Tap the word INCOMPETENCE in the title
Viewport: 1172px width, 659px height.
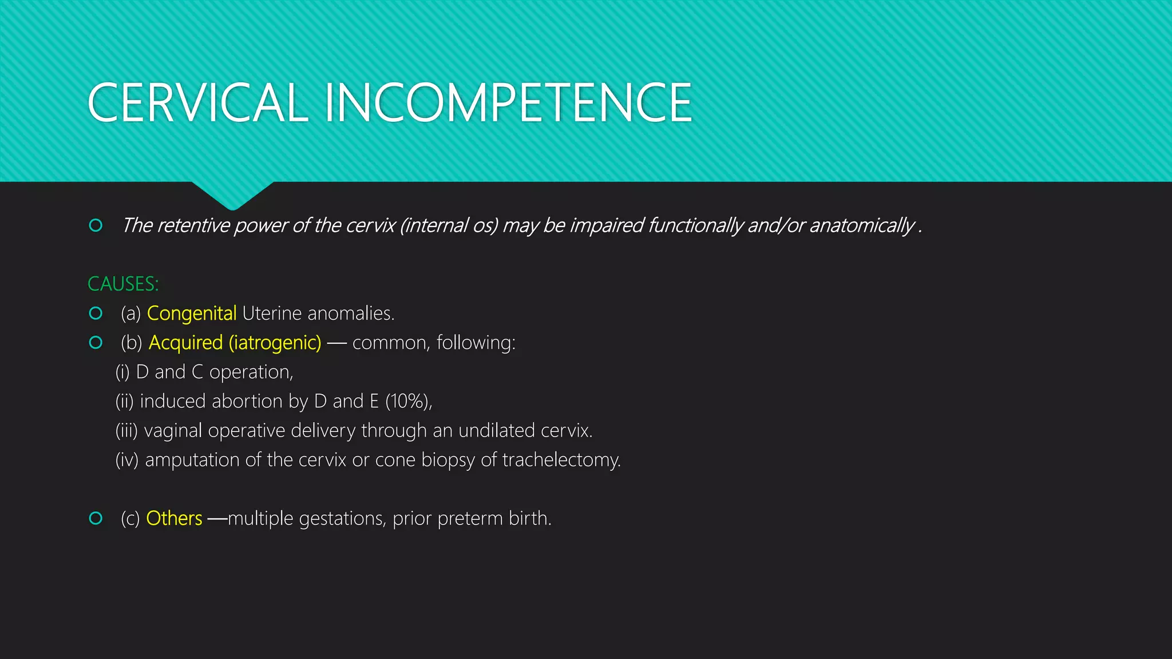508,103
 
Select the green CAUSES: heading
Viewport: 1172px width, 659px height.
123,284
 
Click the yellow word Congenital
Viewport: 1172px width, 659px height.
192,313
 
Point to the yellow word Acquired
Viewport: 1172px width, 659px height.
185,343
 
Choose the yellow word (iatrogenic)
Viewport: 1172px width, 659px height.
275,343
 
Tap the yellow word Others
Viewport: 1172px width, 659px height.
174,518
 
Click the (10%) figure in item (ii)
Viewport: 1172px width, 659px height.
407,401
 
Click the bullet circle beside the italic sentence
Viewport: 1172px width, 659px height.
96,225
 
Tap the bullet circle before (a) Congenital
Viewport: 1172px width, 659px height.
96,313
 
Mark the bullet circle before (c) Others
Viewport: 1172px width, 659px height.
96,518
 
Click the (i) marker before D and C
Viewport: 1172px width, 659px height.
122,372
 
